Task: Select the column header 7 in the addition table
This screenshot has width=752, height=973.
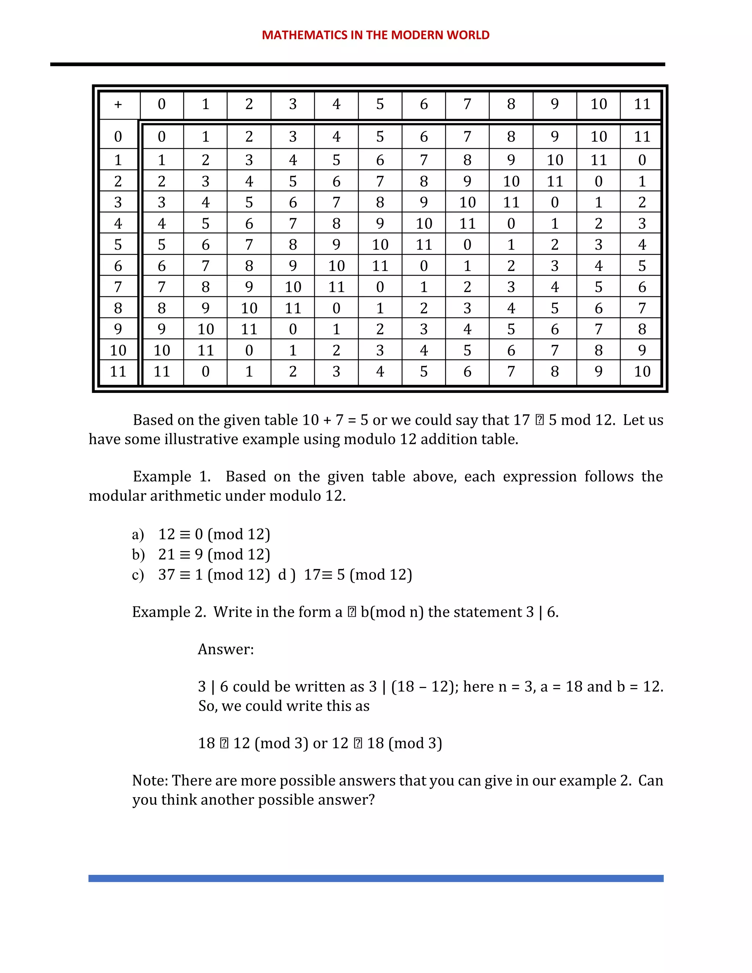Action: [467, 104]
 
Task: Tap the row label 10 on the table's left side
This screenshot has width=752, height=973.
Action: [118, 351]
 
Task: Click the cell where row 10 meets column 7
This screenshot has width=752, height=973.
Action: [467, 351]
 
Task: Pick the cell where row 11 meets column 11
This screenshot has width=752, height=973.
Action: [642, 372]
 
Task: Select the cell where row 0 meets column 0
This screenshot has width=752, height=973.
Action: [161, 137]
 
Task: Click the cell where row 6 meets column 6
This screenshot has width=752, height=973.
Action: [423, 266]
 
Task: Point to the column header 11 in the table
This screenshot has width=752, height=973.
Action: [642, 104]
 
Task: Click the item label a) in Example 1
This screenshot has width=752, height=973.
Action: [138, 534]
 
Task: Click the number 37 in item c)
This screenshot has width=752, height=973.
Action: [166, 575]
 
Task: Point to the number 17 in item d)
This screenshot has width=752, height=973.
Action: [312, 575]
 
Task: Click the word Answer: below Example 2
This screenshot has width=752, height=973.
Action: [225, 650]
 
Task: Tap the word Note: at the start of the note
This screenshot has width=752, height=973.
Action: [150, 781]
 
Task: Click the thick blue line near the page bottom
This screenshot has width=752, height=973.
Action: [376, 878]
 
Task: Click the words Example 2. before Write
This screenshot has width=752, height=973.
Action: [169, 612]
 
